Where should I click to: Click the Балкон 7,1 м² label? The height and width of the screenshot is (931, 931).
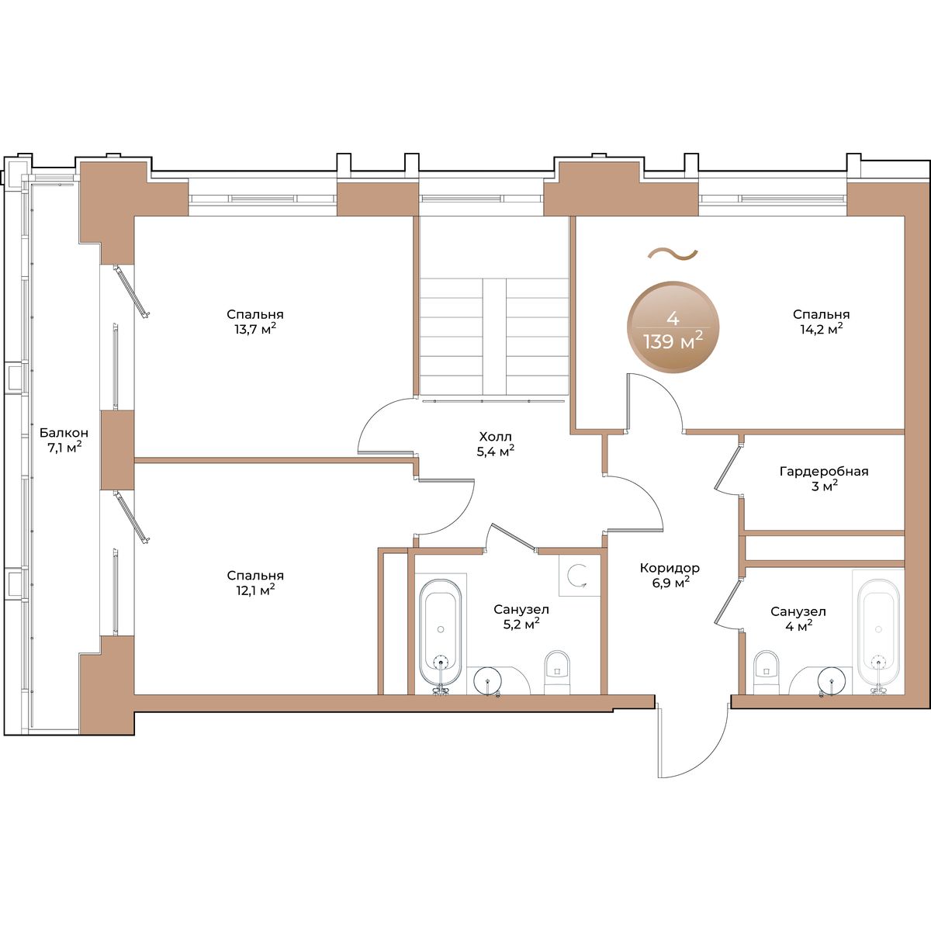point(61,440)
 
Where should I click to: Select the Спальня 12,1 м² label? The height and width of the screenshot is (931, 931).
point(255,583)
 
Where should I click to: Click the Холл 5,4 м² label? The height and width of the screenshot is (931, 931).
point(495,445)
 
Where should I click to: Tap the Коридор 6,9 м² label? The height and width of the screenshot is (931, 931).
point(670,575)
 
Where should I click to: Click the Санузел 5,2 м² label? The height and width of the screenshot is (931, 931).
point(521,617)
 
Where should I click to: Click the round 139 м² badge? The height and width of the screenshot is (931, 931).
point(673,327)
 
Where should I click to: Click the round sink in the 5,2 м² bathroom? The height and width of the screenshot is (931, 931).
point(488,680)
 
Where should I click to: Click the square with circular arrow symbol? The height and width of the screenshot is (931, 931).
point(579,574)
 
